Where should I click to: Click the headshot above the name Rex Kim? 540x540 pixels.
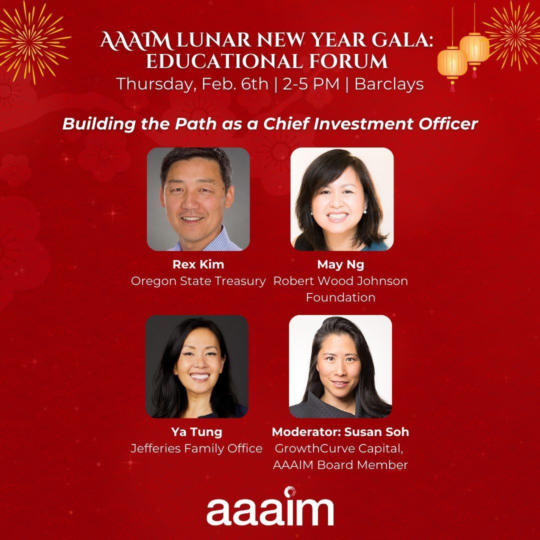[x=198, y=199]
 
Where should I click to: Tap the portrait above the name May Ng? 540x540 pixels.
[x=342, y=199]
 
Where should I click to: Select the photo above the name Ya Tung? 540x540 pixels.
[x=197, y=366]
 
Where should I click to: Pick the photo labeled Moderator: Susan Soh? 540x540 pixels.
[x=340, y=366]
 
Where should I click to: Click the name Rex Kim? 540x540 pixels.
[x=197, y=265]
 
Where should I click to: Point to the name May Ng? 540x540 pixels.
[x=340, y=265]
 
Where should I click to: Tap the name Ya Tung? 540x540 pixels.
[x=196, y=431]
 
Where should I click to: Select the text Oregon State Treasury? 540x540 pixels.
[x=198, y=281]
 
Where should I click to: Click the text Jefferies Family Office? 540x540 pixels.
[x=196, y=448]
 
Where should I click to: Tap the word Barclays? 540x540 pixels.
[x=389, y=84]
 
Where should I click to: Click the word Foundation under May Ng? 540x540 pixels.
[x=340, y=297]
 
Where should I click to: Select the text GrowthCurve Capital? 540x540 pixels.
[x=340, y=448]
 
